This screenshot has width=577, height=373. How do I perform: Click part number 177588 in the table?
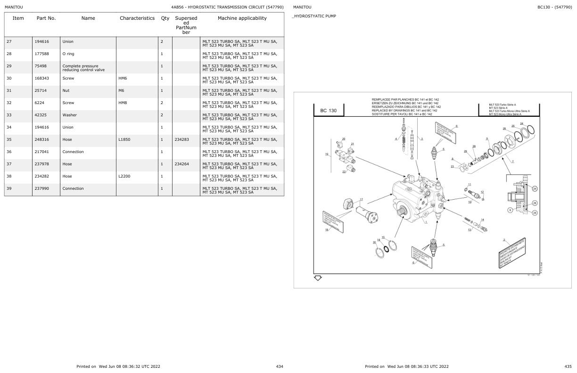tap(41, 54)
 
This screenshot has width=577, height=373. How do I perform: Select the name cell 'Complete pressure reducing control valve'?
tap(83, 68)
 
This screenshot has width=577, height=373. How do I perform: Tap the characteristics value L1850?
tap(125, 139)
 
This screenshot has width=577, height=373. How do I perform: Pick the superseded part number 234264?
tap(181, 164)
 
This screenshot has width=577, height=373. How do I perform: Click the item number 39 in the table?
tap(9, 188)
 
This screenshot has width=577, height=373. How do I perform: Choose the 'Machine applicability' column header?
tap(242, 18)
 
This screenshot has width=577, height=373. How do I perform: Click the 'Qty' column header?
tap(165, 18)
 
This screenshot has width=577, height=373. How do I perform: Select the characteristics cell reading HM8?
tap(123, 103)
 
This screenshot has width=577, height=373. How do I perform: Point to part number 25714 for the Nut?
tap(40, 90)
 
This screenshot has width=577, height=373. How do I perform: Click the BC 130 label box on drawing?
tap(329, 111)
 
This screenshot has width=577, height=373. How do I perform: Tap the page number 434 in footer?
tap(280, 366)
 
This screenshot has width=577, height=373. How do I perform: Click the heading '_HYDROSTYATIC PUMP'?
tap(314, 16)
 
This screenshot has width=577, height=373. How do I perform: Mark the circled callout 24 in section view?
tap(535, 189)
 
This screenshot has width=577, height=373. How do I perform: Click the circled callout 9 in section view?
tap(510, 210)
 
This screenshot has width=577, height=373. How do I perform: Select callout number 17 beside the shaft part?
tap(361, 200)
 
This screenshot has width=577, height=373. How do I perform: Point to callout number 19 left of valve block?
tap(326, 154)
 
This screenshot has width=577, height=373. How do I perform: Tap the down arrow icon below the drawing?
tap(318, 278)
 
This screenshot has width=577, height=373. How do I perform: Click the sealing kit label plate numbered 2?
tap(512, 253)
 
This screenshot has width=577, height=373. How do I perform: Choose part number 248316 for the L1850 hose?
tap(41, 139)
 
